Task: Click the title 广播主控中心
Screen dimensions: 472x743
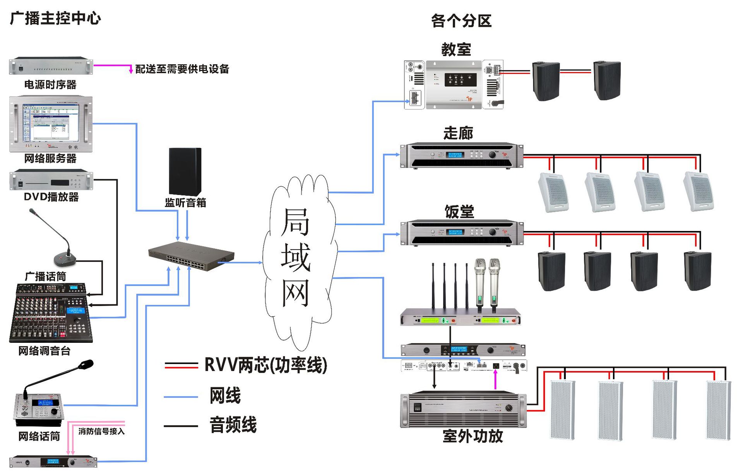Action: pyautogui.click(x=55, y=18)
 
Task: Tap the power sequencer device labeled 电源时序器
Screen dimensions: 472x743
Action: pyautogui.click(x=51, y=66)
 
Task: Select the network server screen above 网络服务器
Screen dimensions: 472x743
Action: pyautogui.click(x=51, y=123)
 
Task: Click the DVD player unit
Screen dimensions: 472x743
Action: pyautogui.click(x=51, y=181)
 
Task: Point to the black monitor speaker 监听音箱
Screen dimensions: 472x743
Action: pyautogui.click(x=185, y=171)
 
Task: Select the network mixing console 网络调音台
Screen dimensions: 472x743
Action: pyautogui.click(x=51, y=313)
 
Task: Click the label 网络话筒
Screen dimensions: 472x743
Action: pyautogui.click(x=39, y=436)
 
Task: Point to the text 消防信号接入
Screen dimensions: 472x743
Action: pyautogui.click(x=101, y=431)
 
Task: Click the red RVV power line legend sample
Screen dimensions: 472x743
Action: pyautogui.click(x=181, y=365)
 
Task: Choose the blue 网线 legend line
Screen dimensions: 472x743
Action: pyautogui.click(x=181, y=397)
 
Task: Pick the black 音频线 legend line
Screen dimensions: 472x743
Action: pyautogui.click(x=181, y=426)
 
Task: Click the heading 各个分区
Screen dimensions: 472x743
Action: pyautogui.click(x=461, y=21)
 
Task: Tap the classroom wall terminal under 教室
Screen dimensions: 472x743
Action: pyautogui.click(x=454, y=84)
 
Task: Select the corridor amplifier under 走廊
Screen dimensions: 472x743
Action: pyautogui.click(x=461, y=155)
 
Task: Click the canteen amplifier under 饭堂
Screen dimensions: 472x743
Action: pyautogui.click(x=461, y=233)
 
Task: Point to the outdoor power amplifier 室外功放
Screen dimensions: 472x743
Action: pyautogui.click(x=463, y=410)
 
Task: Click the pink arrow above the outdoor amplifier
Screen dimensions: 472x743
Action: pyautogui.click(x=495, y=379)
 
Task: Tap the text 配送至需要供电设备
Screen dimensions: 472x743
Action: pyautogui.click(x=182, y=69)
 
